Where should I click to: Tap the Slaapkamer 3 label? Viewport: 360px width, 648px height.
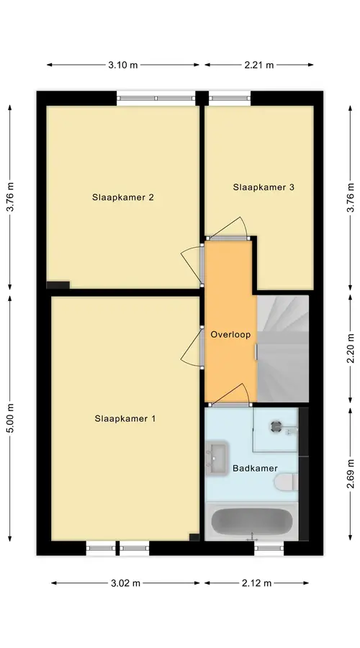(x=264, y=186)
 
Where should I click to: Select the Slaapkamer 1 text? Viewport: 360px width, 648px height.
(x=125, y=418)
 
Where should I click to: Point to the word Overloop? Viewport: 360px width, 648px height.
(x=230, y=335)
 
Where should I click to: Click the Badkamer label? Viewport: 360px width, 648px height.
(x=255, y=468)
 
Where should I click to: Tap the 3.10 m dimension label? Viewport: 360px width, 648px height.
(x=122, y=65)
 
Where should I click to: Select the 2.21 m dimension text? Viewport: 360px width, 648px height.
(x=258, y=65)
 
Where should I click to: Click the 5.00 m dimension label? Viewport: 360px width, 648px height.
(x=10, y=418)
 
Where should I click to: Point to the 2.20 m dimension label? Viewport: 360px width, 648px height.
(x=350, y=348)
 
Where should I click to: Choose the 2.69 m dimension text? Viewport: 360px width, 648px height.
(x=350, y=474)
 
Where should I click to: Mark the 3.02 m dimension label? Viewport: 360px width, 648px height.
(x=125, y=583)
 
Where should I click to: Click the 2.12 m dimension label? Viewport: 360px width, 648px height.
(x=256, y=583)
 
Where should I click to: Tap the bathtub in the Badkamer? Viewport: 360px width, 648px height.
(x=252, y=521)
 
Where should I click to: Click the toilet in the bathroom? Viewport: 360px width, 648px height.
(x=286, y=482)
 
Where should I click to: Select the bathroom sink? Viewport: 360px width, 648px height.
(x=217, y=458)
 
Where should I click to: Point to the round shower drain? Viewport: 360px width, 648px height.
(x=276, y=426)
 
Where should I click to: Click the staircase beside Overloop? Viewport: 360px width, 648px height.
(x=283, y=348)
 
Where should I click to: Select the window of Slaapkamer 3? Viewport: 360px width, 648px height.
(x=230, y=99)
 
